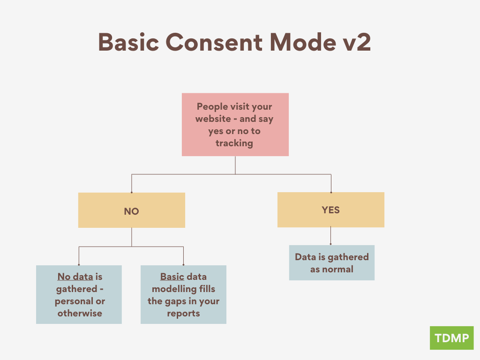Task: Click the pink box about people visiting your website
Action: tap(235, 124)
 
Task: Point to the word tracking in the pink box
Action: tap(234, 143)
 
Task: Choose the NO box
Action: tap(132, 210)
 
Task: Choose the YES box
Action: tap(331, 210)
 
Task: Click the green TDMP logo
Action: tap(451, 338)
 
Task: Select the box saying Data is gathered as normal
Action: tap(331, 262)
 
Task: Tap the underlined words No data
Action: tap(75, 277)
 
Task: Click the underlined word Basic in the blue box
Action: tap(172, 277)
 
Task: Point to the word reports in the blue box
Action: tap(183, 313)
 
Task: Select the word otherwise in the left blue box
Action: tap(80, 313)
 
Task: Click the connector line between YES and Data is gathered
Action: tap(331, 236)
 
